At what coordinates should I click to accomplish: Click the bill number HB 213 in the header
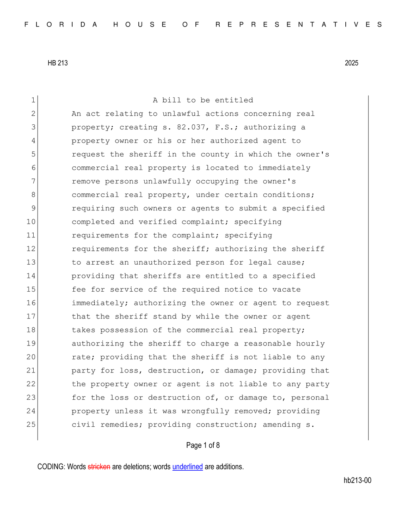coord(57,63)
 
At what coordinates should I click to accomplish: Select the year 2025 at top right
coord(351,63)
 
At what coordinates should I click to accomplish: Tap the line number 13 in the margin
coord(31,262)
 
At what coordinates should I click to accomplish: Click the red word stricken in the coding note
coord(99,467)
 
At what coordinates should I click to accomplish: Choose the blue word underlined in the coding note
coord(188,467)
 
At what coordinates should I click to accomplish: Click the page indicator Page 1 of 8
coord(203,445)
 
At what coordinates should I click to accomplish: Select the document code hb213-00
coord(357,480)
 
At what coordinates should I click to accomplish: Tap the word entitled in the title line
coord(234,100)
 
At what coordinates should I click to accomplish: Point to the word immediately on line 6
coord(284,168)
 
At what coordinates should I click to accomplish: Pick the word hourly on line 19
coord(310,344)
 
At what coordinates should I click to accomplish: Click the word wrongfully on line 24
coord(205,411)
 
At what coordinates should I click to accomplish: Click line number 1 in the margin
coord(33,100)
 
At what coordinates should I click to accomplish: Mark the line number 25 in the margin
coord(31,425)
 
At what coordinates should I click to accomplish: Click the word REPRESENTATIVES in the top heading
coord(299,25)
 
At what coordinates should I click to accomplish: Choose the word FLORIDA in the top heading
coord(61,25)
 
